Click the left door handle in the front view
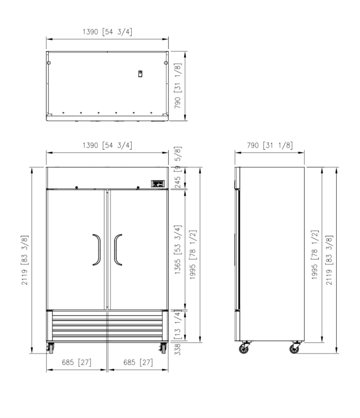pyautogui.click(x=99, y=250)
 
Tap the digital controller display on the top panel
pyautogui.click(x=158, y=184)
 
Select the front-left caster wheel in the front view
pyautogui.click(x=50, y=348)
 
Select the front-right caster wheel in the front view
pyautogui.click(x=163, y=348)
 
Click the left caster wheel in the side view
pyautogui.click(x=244, y=348)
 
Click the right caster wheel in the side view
pyautogui.click(x=295, y=348)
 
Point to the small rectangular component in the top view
pyautogui.click(x=140, y=74)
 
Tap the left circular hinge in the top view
pyautogui.click(x=49, y=63)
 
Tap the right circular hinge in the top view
pyautogui.click(x=166, y=63)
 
